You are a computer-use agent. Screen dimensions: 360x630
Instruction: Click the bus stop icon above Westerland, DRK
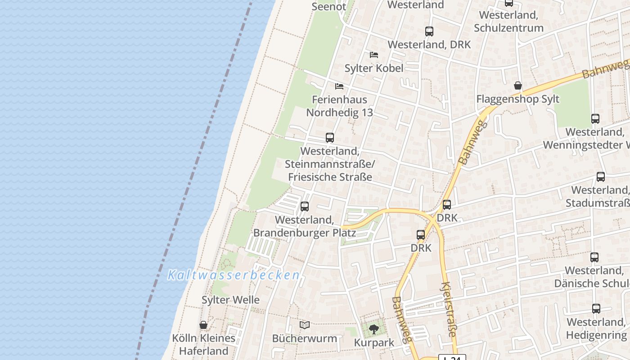(x=429, y=31)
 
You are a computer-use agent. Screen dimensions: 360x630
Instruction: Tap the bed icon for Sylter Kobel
(x=373, y=55)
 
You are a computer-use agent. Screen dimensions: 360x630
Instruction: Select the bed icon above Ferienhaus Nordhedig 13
(x=339, y=86)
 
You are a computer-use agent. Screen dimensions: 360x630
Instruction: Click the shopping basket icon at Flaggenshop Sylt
(x=518, y=85)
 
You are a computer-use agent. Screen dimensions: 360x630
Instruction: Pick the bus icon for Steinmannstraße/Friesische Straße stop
(x=330, y=138)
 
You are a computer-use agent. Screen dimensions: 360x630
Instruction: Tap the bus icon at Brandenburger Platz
(x=305, y=207)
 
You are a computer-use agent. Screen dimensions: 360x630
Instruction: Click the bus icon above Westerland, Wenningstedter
(x=595, y=119)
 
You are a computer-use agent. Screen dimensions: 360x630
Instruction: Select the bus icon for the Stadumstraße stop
(x=601, y=177)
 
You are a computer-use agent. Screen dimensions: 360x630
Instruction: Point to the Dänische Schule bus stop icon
(x=594, y=257)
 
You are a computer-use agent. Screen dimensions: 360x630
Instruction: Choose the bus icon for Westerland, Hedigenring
(x=596, y=309)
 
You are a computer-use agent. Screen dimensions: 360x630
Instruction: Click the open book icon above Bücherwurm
(x=305, y=325)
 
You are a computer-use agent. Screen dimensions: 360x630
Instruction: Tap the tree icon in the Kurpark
(x=373, y=329)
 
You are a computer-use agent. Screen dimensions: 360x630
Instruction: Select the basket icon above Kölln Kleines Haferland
(x=203, y=325)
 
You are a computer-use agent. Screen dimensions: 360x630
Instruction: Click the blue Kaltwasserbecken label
(x=234, y=275)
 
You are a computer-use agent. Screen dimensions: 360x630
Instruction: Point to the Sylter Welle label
(x=230, y=300)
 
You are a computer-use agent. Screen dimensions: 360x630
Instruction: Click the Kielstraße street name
(x=450, y=309)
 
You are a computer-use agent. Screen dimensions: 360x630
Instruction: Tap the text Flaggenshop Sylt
(x=518, y=99)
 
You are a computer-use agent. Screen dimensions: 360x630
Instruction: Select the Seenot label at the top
(x=329, y=6)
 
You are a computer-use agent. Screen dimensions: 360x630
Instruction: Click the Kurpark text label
(x=374, y=342)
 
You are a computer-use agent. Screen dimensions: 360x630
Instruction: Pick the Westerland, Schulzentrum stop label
(x=508, y=21)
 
